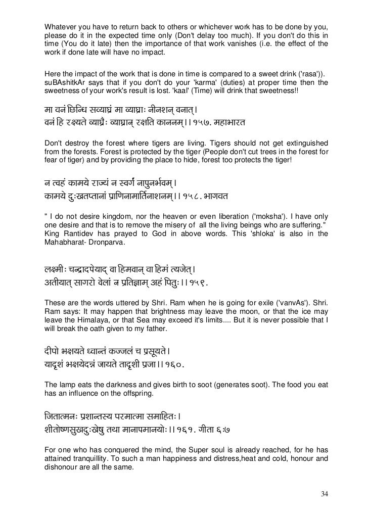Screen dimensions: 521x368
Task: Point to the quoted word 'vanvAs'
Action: (300, 304)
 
